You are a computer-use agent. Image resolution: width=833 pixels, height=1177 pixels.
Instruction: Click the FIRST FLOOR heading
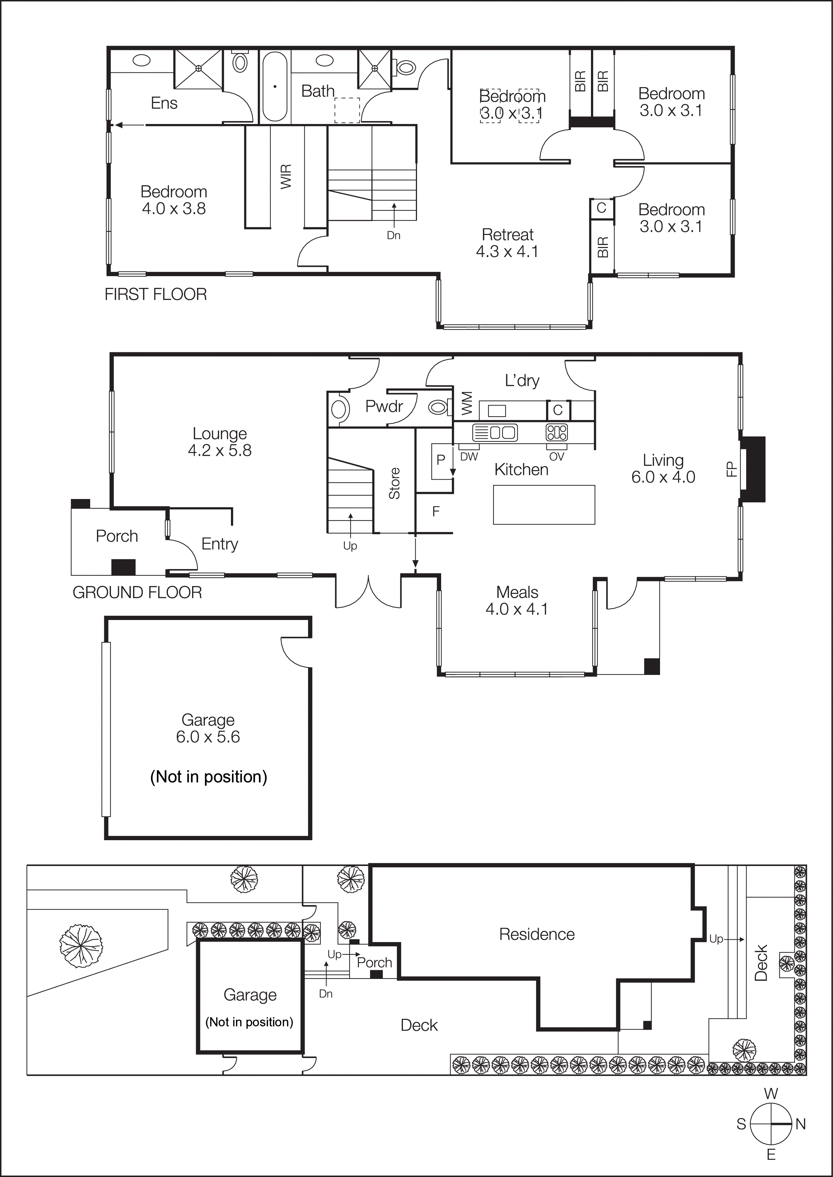coord(156,294)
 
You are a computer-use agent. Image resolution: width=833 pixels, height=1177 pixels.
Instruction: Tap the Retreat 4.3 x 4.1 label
coord(507,243)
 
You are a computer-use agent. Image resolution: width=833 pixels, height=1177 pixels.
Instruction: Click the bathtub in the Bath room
coord(275,86)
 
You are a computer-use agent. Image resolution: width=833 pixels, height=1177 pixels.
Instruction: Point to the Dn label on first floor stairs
coord(394,235)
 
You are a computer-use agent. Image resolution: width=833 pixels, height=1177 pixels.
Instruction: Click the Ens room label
coord(164,103)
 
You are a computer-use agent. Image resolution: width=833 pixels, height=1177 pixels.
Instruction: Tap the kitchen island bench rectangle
coord(544,505)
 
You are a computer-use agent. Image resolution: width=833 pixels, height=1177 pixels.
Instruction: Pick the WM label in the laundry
coord(467,403)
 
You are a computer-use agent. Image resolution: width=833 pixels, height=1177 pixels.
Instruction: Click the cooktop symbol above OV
coord(556,432)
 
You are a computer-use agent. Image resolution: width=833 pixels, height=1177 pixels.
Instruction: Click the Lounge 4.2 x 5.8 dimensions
coord(220,450)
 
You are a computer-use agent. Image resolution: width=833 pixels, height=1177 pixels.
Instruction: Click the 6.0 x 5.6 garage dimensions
coord(208,737)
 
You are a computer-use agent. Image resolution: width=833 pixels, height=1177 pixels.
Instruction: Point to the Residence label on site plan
coord(537,934)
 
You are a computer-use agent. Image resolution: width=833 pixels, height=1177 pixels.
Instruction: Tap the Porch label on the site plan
coord(374,963)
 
